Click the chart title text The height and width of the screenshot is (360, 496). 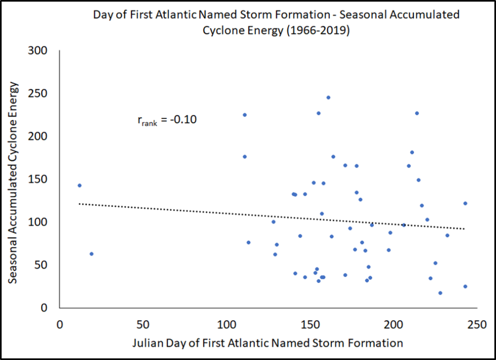pos(276,22)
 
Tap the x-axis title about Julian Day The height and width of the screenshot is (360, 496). pos(268,343)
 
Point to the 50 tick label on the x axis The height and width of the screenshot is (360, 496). pos(143,323)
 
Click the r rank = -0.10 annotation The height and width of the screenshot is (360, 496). pos(167,121)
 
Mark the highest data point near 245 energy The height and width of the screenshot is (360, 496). pos(328,97)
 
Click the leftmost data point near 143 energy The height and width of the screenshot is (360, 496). pos(79,185)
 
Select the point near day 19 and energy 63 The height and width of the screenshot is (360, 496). pos(92,254)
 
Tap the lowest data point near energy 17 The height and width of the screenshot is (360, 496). pos(440,293)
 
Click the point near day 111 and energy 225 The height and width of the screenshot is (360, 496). pos(244,115)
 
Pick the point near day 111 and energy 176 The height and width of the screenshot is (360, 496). pos(244,156)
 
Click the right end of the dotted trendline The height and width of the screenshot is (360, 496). pos(464,229)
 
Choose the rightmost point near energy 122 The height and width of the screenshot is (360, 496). pos(465,204)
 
